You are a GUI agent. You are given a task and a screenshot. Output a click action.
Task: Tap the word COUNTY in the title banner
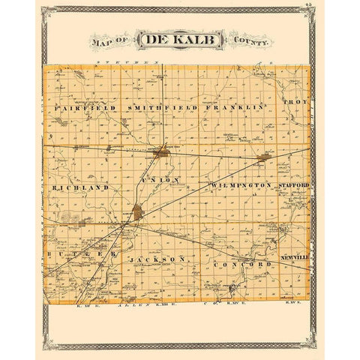tap(250, 42)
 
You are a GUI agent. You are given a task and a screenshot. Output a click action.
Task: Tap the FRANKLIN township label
tap(238, 107)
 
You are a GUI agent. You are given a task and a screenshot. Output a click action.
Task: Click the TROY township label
tap(294, 100)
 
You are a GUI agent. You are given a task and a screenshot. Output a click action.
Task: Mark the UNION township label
tap(159, 180)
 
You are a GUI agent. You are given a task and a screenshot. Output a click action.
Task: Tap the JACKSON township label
tap(157, 259)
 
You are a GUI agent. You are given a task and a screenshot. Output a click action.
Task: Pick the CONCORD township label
tap(241, 265)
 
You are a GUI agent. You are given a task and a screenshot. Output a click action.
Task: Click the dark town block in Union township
tap(138, 212)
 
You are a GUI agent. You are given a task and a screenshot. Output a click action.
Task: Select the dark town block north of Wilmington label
tap(264, 158)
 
